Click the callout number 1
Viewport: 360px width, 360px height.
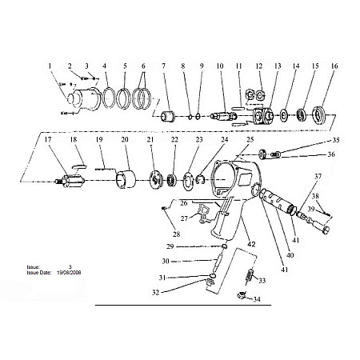(x=50, y=66)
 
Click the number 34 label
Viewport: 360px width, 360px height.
(x=257, y=300)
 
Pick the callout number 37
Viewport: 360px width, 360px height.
(x=318, y=176)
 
